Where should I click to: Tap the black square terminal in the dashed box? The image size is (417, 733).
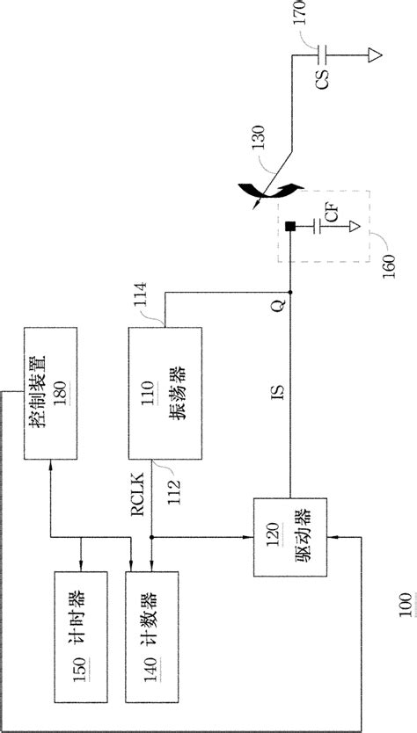coord(289,229)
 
